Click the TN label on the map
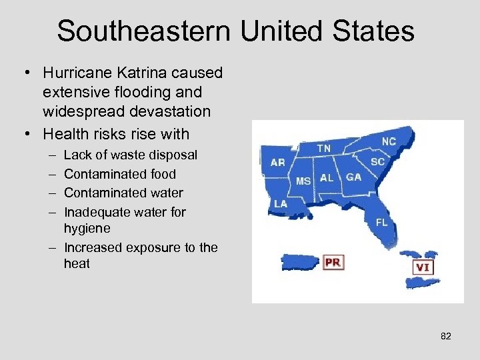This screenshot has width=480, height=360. [323, 147]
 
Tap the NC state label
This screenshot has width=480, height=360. [389, 141]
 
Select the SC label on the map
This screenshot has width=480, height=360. [378, 161]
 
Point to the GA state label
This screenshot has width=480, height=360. [354, 177]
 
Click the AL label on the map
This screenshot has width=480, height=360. [327, 178]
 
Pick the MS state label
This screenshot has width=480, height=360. [303, 181]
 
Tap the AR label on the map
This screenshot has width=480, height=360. [278, 162]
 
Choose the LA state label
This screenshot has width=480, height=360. [280, 203]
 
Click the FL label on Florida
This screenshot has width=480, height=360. [381, 223]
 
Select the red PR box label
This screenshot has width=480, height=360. [333, 262]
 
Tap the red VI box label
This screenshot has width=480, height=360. [423, 267]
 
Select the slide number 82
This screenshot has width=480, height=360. [446, 336]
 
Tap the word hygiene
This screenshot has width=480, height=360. [87, 229]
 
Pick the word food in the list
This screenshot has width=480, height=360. [163, 174]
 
